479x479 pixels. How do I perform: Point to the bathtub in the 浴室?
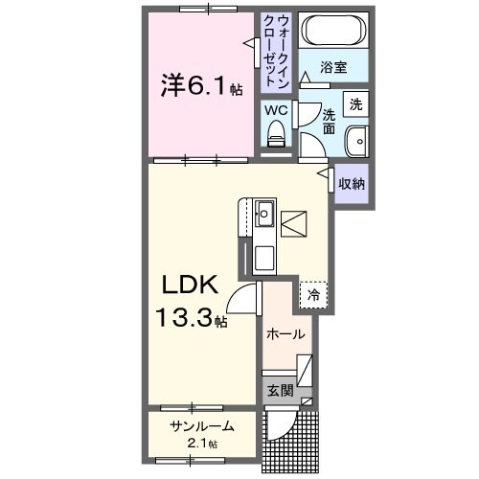click(330, 31)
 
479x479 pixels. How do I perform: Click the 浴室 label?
click(332, 69)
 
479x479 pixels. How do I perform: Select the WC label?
click(276, 109)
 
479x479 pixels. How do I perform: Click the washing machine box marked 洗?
click(355, 103)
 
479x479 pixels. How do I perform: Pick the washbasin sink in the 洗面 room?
click(357, 140)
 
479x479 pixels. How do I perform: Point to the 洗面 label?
click(329, 120)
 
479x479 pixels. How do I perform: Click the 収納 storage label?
click(351, 182)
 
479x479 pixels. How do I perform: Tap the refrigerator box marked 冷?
click(313, 296)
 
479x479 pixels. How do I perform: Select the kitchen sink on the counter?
click(264, 214)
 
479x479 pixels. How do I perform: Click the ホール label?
click(285, 334)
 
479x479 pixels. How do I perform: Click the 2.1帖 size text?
click(201, 444)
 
